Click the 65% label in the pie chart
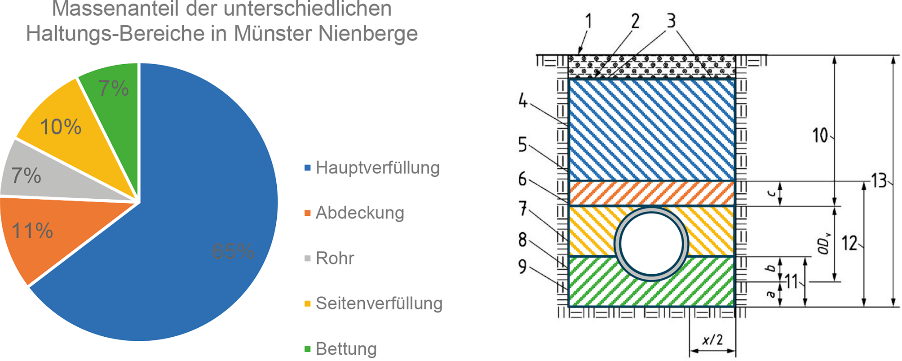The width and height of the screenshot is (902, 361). [233, 251]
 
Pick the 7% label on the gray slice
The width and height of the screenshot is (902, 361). [26, 175]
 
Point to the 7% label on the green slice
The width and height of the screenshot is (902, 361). [113, 88]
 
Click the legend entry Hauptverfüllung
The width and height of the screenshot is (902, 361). [377, 168]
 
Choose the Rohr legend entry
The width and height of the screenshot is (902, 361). [335, 258]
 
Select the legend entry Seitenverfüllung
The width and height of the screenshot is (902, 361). [379, 303]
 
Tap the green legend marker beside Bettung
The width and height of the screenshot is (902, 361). [308, 349]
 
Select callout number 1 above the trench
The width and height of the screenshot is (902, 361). [589, 21]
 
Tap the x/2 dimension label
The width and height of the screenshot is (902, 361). [712, 339]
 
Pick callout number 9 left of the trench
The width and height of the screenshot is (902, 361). [522, 266]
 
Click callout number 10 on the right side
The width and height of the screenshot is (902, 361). [820, 135]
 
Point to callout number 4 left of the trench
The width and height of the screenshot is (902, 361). [522, 100]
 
